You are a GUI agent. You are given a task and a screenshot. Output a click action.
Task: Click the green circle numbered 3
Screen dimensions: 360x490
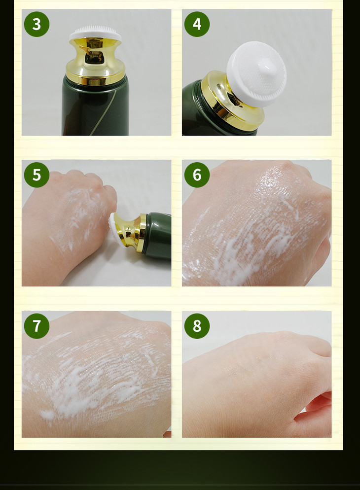36,24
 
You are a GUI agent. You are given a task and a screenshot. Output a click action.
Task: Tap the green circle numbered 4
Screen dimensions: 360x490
197,24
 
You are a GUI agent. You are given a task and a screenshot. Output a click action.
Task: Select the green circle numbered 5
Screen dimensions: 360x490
36,175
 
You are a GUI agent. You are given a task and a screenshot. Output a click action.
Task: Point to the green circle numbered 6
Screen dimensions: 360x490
197,175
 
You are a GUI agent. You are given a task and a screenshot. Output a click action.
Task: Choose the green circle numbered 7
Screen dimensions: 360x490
36,326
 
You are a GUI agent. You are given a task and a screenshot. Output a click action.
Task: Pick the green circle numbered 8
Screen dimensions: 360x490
197,326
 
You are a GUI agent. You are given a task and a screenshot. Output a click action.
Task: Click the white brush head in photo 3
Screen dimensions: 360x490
95,34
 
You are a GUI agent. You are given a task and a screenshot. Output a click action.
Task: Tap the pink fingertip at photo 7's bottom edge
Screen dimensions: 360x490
168,434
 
